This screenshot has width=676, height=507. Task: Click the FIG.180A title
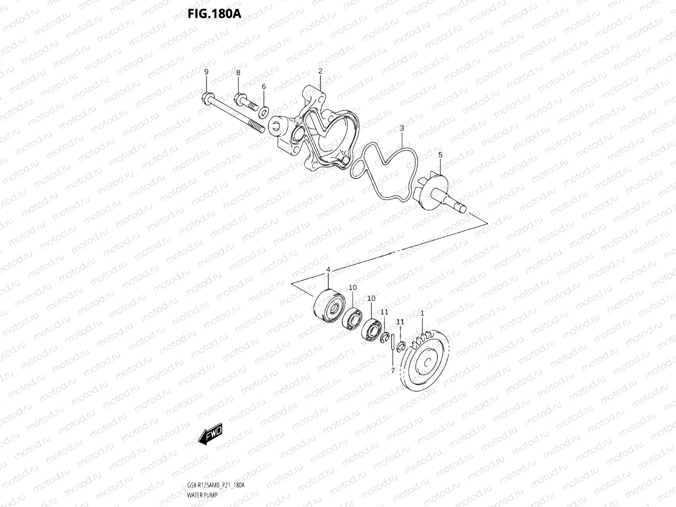[x=214, y=13]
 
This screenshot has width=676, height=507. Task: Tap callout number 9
[x=207, y=72]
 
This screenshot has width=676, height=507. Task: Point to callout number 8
[x=238, y=73]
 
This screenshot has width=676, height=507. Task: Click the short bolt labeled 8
[x=245, y=102]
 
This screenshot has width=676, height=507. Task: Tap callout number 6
[x=263, y=87]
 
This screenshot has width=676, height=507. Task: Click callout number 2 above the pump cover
[x=320, y=71]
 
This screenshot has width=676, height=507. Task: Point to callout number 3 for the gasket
[x=402, y=128]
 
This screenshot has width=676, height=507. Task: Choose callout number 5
[x=440, y=155]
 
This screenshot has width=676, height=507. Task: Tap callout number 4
[x=328, y=269]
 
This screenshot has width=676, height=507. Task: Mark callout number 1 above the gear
[x=422, y=313]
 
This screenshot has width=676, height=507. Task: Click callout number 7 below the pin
[x=393, y=370]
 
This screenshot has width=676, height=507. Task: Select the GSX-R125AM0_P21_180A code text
[x=215, y=485]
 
